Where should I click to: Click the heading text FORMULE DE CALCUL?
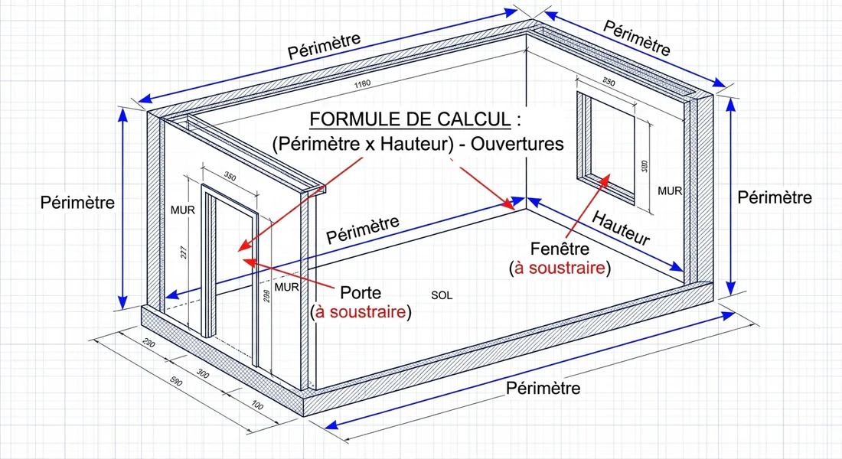click(x=408, y=120)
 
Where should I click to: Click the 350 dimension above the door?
click(x=230, y=177)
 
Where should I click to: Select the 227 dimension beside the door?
click(x=184, y=253)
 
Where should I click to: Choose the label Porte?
click(x=361, y=293)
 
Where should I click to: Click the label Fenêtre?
click(x=559, y=249)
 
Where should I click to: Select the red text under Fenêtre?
click(x=559, y=269)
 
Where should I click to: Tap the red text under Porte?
click(x=360, y=313)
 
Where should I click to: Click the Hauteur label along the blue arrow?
click(x=621, y=228)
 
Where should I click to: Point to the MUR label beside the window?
click(x=670, y=190)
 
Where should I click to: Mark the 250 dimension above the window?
click(x=609, y=82)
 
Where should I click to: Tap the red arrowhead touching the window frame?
click(x=608, y=177)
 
